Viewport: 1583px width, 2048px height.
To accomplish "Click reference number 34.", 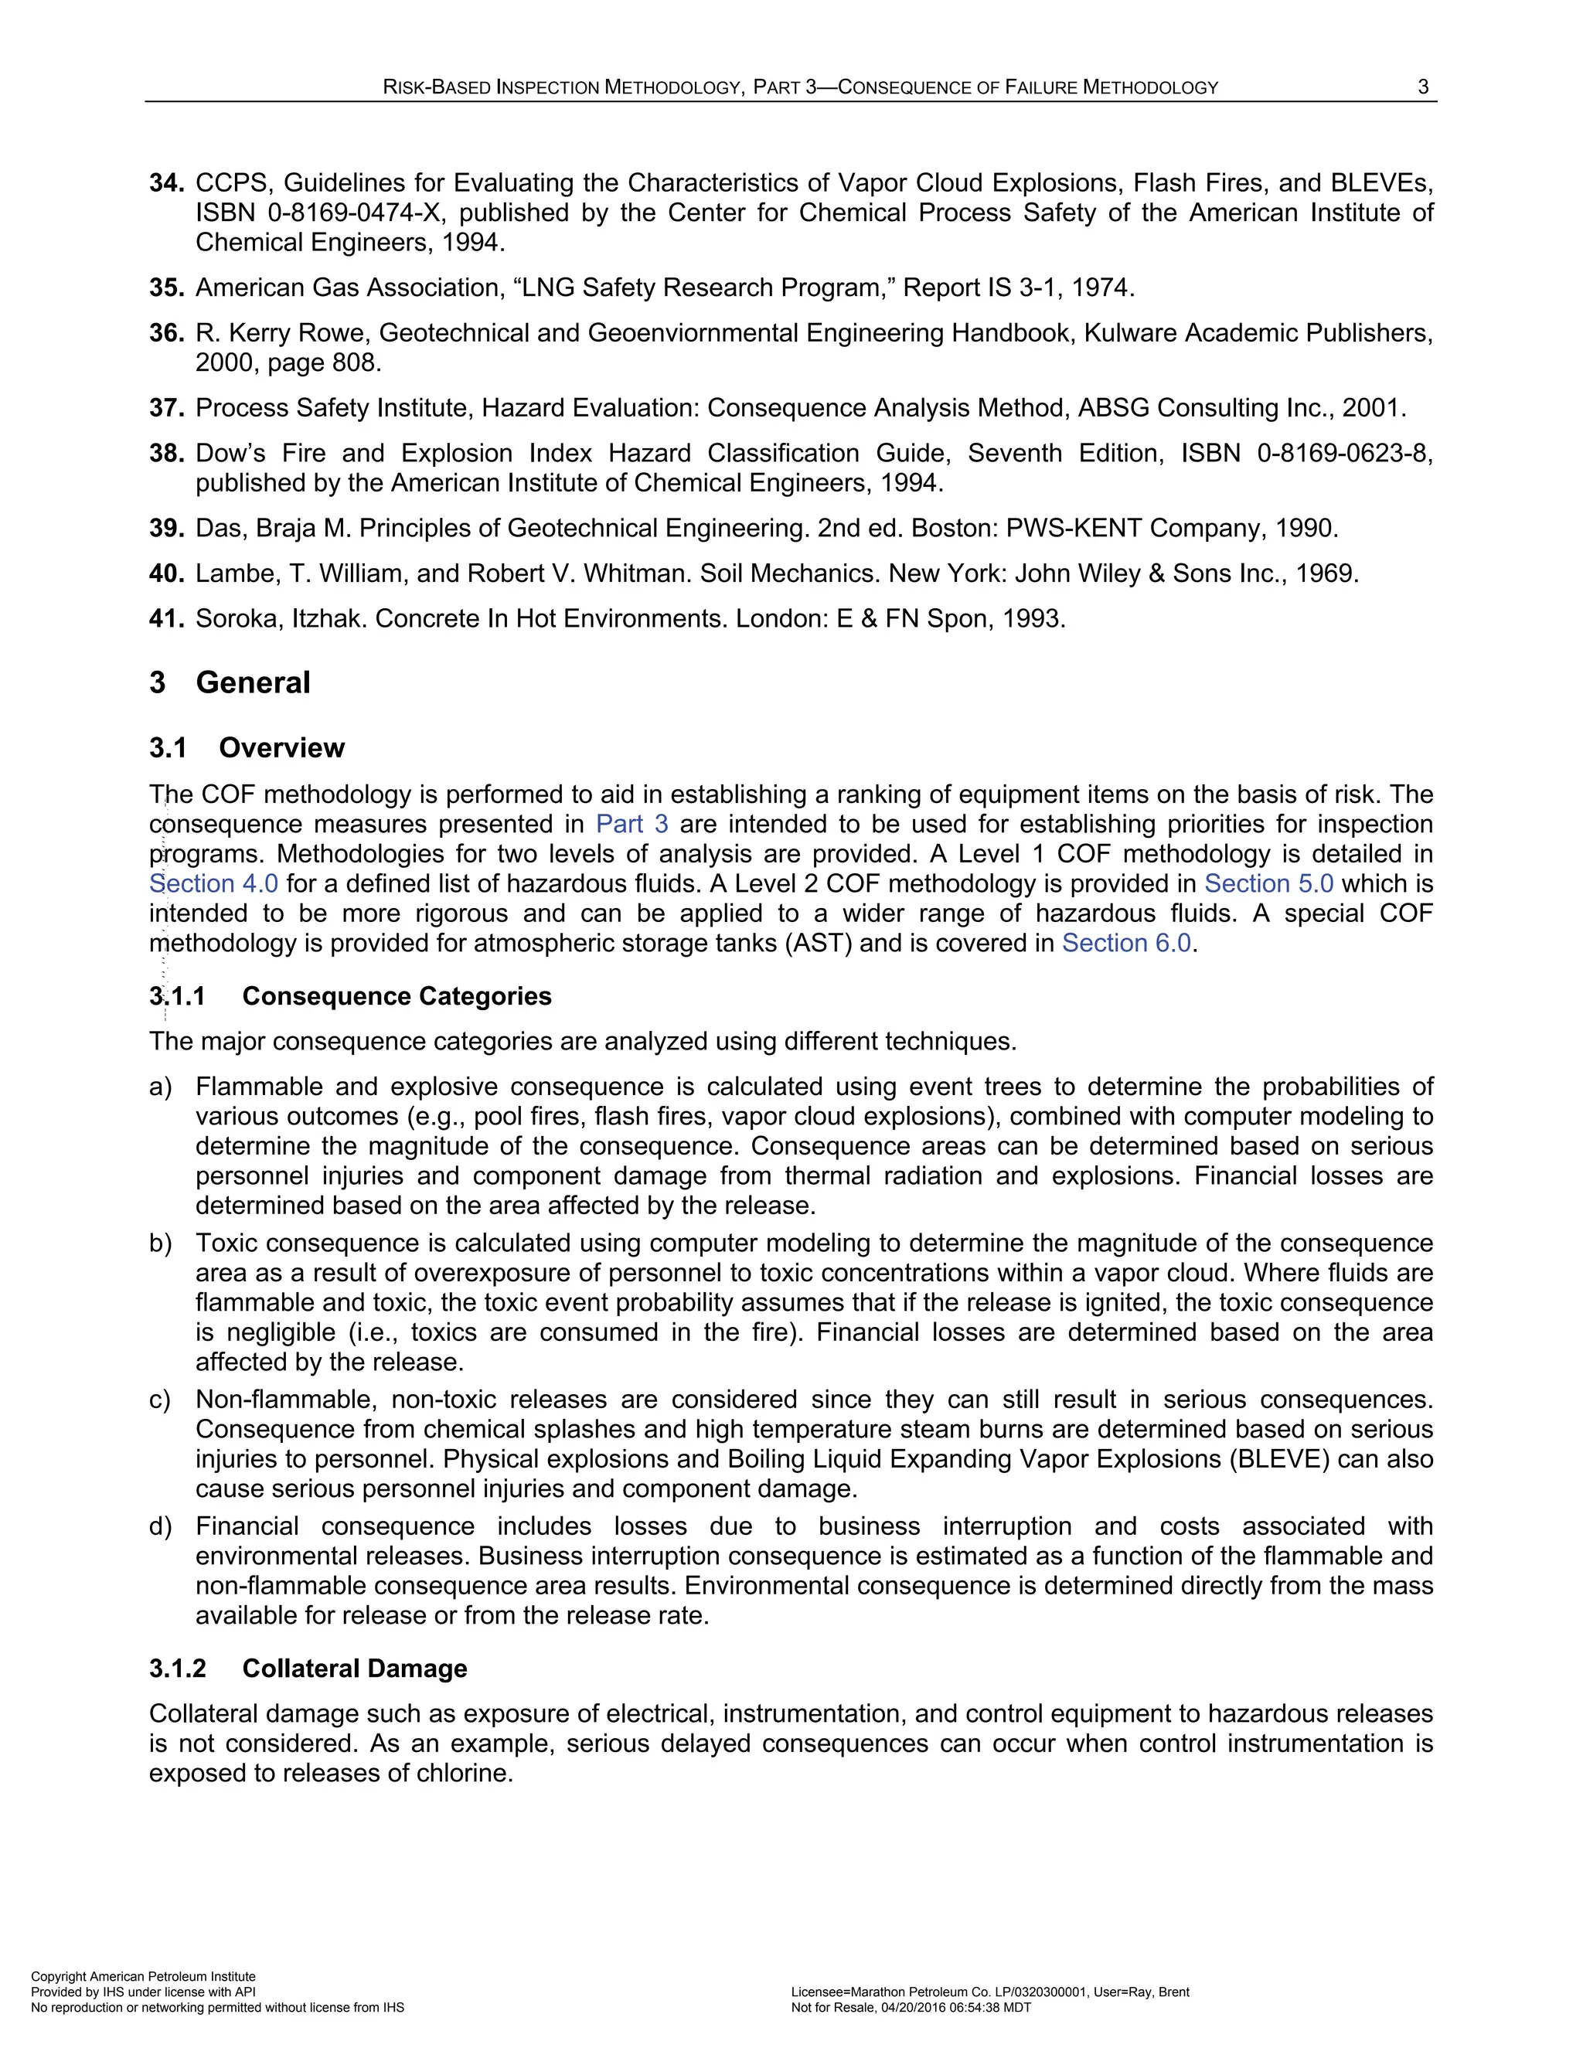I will point(166,183).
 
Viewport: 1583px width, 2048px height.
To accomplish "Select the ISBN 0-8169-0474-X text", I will point(319,213).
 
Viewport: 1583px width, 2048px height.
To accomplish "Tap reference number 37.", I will point(166,408).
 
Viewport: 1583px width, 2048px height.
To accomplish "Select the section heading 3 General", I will point(230,682).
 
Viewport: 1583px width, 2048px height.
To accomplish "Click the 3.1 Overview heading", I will point(247,747).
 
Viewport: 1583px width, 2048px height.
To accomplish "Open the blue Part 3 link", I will point(632,825).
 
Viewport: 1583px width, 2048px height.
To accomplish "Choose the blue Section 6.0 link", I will point(1125,942).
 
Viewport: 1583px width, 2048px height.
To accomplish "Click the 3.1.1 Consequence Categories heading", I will point(350,996).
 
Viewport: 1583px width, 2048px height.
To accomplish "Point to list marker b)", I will point(160,1243).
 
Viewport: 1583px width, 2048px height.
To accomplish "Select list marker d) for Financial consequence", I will point(160,1526).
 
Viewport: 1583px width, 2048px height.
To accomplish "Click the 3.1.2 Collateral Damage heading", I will point(308,1669).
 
